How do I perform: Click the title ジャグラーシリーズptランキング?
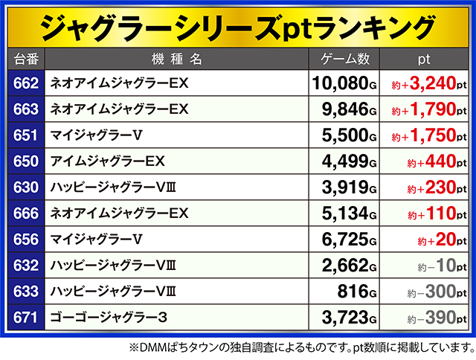click(x=237, y=27)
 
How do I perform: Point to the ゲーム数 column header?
click(x=344, y=57)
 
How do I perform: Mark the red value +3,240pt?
click(x=433, y=84)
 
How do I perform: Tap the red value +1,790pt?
click(x=433, y=110)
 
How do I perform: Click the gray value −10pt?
click(x=443, y=266)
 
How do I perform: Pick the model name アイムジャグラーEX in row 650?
click(x=107, y=161)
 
